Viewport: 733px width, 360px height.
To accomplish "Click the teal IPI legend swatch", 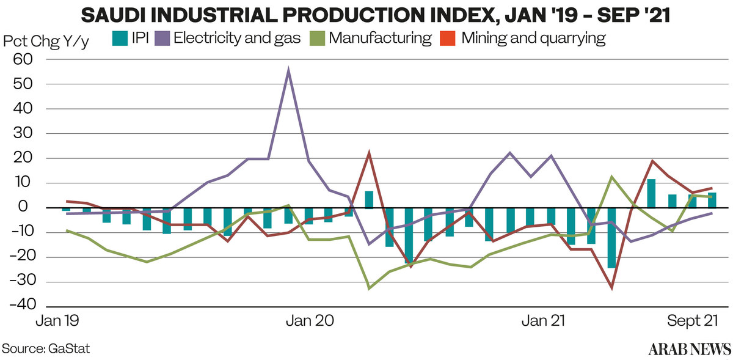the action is [120, 39].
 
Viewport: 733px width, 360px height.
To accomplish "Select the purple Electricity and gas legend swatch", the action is [162, 39].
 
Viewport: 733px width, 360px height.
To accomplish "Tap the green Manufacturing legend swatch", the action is [317, 39].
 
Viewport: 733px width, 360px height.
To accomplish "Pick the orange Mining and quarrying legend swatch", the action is [448, 39].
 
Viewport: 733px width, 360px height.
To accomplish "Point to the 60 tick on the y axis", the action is [23, 59].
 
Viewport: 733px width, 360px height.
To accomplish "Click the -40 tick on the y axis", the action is [23, 305].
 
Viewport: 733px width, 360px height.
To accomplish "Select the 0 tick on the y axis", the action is [23, 207].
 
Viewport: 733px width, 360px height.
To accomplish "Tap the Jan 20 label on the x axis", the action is [310, 320].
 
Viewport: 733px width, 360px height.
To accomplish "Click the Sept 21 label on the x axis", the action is [692, 320].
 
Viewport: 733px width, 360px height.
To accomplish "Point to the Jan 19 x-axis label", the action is [57, 320].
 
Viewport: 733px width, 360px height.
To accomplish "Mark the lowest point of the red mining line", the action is [611, 289].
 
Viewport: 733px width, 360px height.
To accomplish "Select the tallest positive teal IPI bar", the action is [652, 194].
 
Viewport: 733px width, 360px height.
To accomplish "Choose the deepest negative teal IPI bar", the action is [611, 238].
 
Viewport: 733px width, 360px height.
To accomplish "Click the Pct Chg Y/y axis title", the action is [46, 42].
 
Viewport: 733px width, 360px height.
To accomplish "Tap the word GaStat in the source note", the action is [68, 348].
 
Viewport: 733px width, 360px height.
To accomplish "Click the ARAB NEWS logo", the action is [690, 349].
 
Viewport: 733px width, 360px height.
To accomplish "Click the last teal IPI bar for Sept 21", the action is [712, 200].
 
